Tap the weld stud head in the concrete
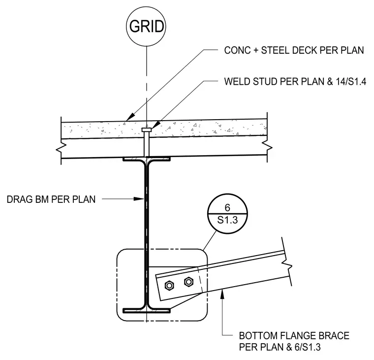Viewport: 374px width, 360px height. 147,130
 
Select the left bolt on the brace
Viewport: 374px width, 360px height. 169,286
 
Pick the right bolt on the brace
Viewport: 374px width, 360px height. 188,282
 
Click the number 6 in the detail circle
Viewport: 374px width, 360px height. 227,208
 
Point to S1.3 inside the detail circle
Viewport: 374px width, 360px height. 227,220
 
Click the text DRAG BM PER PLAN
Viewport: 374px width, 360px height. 51,199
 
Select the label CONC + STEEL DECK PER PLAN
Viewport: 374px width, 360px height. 294,50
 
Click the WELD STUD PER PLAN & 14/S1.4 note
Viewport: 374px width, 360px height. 295,82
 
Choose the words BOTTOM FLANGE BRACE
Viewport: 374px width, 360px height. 294,336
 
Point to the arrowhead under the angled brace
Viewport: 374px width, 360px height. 222,294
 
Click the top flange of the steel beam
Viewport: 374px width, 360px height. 147,159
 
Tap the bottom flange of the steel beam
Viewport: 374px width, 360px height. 147,310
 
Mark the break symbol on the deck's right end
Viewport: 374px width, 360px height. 267,146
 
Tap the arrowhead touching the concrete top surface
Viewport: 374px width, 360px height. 130,117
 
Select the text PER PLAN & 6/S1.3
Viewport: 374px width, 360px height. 280,347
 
